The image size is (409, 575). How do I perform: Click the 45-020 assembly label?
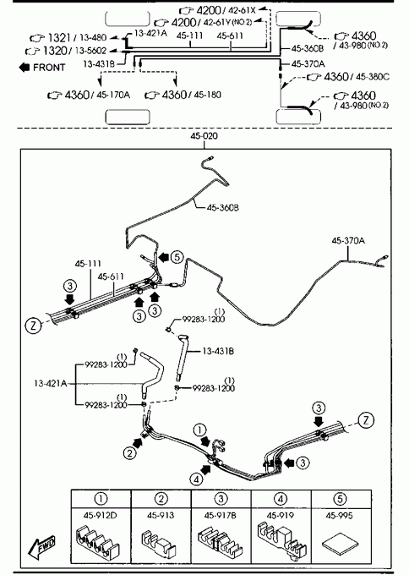[204, 136]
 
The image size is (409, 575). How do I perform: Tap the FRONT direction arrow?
[25, 67]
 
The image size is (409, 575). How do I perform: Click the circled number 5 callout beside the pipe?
[177, 257]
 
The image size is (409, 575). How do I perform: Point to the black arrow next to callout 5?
[163, 257]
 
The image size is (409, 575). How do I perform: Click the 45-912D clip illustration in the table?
[97, 540]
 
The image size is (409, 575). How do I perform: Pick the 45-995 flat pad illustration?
[340, 545]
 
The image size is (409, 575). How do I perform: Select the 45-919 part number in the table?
[281, 516]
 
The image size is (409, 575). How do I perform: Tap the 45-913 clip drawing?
[159, 542]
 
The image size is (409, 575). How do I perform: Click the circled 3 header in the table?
[221, 499]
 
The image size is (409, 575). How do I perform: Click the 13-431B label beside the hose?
[218, 351]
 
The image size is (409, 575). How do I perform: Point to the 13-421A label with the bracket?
[50, 384]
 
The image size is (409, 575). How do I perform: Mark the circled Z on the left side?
[33, 326]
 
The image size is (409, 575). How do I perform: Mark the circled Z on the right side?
[366, 420]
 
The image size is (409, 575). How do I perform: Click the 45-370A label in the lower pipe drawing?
[348, 240]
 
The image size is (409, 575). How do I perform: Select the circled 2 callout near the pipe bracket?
[130, 453]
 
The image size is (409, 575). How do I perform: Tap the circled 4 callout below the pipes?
[196, 479]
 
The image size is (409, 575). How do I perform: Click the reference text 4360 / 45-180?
[183, 95]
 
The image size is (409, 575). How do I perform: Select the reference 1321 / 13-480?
[68, 37]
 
